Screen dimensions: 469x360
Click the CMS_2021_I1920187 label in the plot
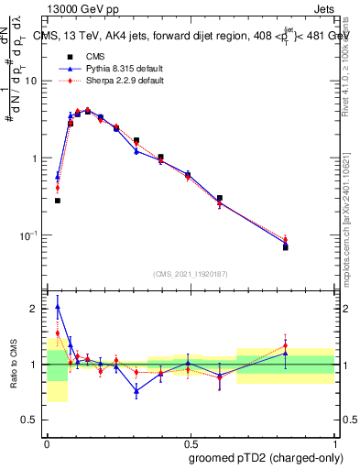coord(191,274)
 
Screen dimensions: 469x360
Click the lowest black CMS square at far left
coord(57,201)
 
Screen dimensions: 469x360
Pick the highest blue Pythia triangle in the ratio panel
coord(57,307)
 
